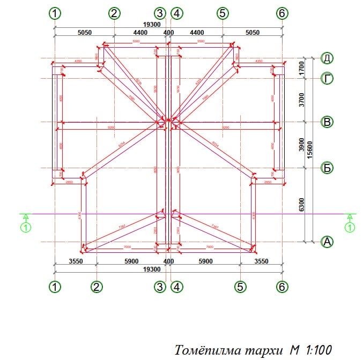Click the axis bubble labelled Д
(327, 58)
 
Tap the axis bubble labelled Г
(327, 79)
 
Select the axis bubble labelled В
(327, 122)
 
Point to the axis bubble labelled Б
(327, 168)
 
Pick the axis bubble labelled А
(327, 242)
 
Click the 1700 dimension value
(301, 68)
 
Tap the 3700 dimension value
(301, 100)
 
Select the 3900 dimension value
(301, 145)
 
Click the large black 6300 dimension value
(301, 204)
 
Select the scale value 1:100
(318, 350)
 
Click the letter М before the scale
(295, 350)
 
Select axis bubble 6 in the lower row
(283, 287)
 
